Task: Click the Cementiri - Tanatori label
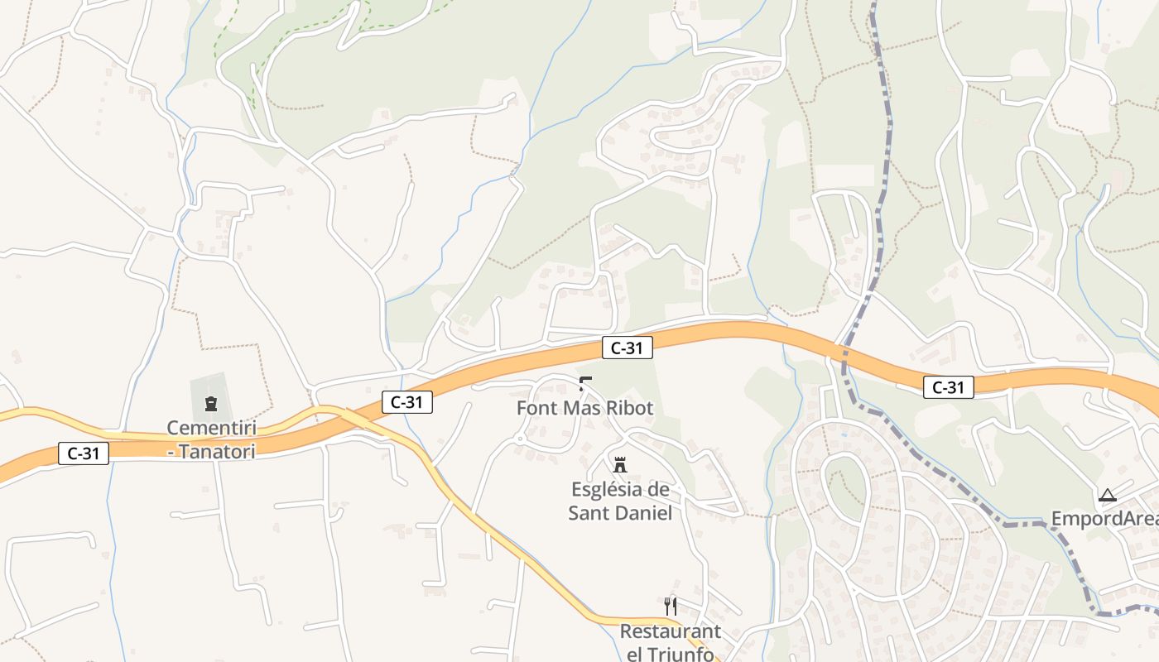210,439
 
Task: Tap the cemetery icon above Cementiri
210,404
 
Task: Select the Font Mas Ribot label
584,408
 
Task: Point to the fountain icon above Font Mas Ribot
585,383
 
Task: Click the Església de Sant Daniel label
620,501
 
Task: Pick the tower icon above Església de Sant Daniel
620,464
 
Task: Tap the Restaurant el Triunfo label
670,642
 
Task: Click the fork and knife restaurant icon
671,607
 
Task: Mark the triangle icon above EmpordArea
1108,496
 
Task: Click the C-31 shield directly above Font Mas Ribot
627,348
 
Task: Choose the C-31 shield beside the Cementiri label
84,453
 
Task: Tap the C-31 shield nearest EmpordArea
948,387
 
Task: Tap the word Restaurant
670,631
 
